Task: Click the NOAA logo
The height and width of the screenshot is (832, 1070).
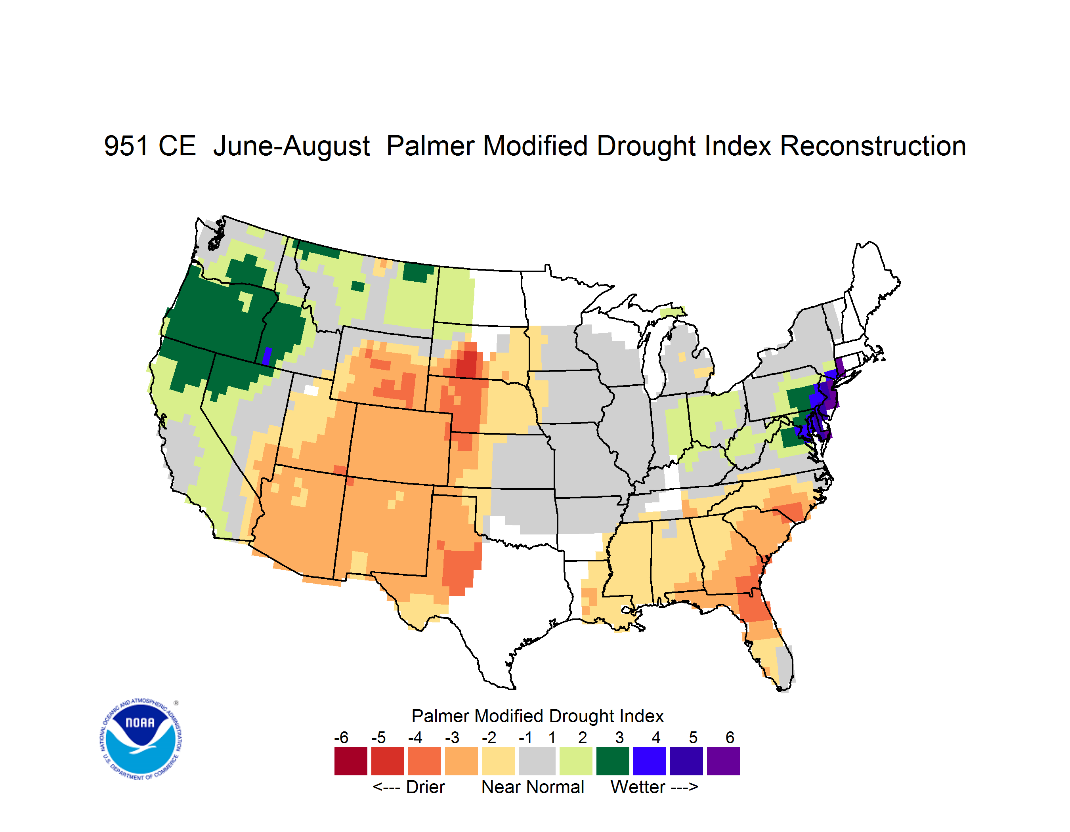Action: tap(141, 739)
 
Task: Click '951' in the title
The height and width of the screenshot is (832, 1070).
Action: tap(126, 146)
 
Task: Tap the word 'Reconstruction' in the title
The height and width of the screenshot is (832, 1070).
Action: tap(873, 146)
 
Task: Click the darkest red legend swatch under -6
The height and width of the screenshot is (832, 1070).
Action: tap(350, 761)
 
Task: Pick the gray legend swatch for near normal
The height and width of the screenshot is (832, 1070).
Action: tap(537, 761)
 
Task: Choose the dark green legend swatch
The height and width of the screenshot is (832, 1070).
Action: tap(612, 761)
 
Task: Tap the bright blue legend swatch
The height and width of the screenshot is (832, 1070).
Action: tap(649, 761)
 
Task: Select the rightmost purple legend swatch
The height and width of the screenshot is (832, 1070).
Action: tap(723, 761)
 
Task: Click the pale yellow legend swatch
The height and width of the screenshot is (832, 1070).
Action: tap(498, 761)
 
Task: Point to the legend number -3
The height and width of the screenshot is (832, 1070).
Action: tap(452, 737)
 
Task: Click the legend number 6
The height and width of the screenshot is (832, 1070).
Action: tap(730, 737)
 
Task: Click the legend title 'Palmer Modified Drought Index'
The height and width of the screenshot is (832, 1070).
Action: tap(537, 716)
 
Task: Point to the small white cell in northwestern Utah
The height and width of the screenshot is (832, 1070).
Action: tap(311, 390)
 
